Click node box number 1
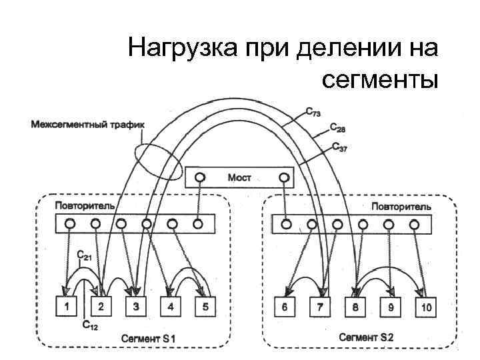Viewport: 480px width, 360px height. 67,307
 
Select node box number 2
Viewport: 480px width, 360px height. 101,307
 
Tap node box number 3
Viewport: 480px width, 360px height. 135,307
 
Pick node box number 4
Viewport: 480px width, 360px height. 170,307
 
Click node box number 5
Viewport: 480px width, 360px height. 205,307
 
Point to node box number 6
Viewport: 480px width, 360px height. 285,307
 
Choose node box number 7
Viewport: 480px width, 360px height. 320,307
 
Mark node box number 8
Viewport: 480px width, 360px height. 355,307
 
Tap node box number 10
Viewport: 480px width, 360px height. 425,307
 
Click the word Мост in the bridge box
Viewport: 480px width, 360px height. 240,177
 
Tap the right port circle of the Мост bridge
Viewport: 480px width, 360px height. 284,177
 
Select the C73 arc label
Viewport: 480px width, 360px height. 312,113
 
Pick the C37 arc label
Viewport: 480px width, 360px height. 339,147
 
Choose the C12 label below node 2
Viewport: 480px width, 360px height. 90,326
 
